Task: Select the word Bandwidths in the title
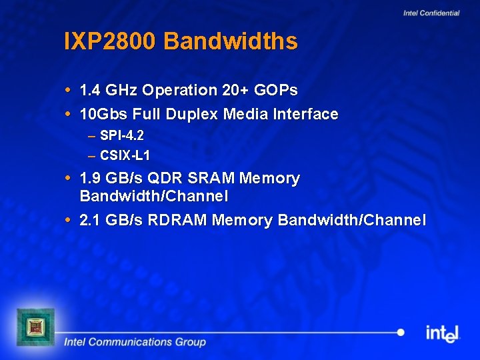230,42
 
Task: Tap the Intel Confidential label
431,13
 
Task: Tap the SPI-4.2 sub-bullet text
122,135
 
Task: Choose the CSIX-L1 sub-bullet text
125,156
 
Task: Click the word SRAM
211,179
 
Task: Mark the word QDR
165,179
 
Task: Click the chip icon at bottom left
35,327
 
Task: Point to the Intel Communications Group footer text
135,343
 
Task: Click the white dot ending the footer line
401,332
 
